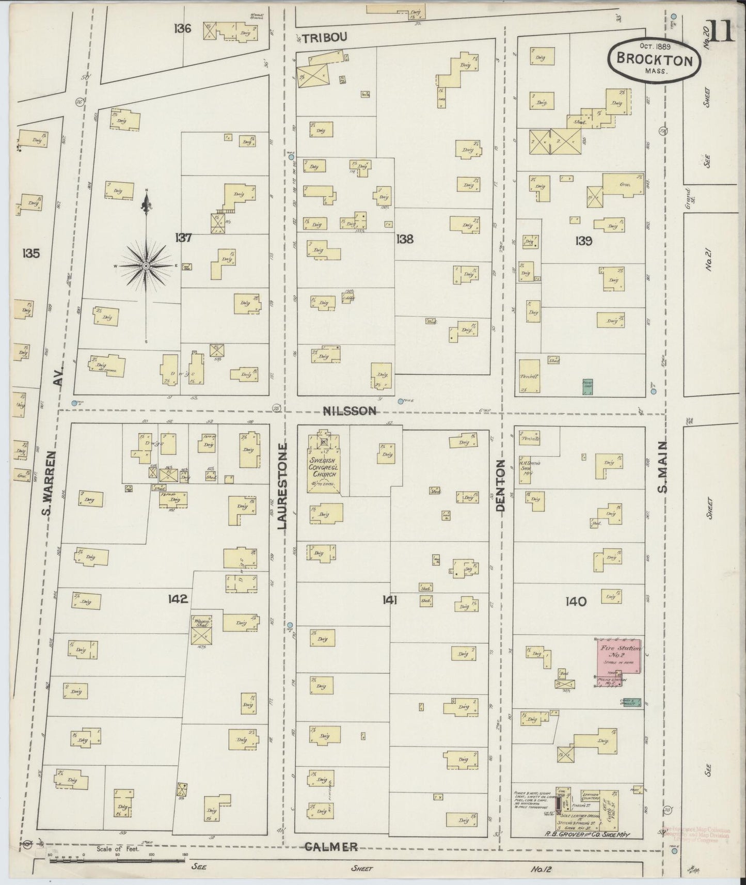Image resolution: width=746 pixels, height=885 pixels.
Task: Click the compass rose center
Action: [146, 265]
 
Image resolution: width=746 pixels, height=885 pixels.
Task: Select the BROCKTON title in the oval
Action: [654, 60]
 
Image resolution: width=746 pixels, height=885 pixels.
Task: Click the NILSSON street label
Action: [350, 411]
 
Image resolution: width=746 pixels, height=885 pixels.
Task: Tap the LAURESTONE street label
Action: [282, 485]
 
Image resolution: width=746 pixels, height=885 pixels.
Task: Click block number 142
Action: [177, 599]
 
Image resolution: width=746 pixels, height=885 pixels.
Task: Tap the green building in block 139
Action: [587, 387]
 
